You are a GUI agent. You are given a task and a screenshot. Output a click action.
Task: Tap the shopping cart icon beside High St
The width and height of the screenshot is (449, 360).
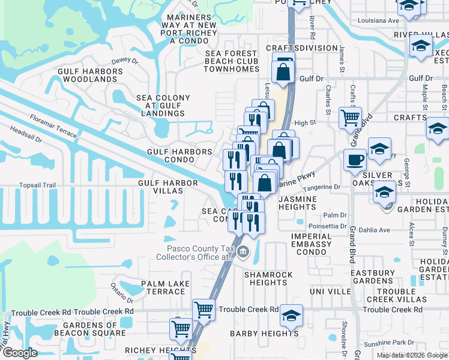click(350, 118)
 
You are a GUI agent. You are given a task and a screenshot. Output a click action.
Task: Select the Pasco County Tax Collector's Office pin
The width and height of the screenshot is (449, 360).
click(243, 251)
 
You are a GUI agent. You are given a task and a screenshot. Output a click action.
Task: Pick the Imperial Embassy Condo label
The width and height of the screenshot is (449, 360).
click(311, 244)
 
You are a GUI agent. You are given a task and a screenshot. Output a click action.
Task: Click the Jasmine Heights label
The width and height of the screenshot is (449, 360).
click(297, 202)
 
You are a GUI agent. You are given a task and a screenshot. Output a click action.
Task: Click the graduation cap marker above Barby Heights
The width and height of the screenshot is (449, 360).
click(292, 316)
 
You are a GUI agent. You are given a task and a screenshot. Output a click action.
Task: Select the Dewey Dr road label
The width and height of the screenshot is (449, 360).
click(125, 61)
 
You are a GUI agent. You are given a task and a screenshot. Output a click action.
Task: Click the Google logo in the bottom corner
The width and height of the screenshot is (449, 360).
click(20, 353)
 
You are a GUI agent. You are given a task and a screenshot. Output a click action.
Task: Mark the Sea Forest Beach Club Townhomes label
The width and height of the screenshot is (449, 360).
click(231, 61)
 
